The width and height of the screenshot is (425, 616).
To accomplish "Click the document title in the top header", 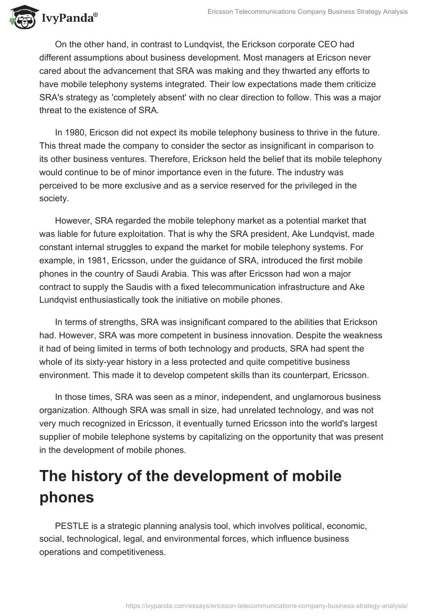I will (x=309, y=12).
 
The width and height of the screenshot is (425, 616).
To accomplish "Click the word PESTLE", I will (x=71, y=525).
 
